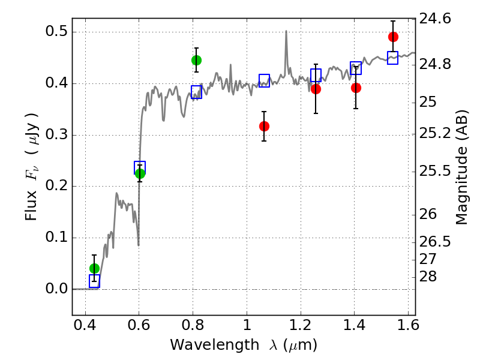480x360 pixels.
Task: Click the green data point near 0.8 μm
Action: coord(196,60)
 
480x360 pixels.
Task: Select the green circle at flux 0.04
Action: coord(94,268)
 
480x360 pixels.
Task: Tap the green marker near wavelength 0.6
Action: coord(140,173)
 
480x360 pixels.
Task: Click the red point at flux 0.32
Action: coord(264,126)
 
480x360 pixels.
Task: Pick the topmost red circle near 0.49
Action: coord(393,37)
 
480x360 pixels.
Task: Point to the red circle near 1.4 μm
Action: coord(356,88)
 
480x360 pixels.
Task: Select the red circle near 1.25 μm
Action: coord(316,89)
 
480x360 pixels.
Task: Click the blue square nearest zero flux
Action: coord(94,281)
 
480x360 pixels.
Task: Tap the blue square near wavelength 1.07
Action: coord(264,80)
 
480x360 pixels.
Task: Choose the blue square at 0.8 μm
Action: coord(196,92)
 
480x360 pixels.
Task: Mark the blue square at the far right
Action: coord(393,58)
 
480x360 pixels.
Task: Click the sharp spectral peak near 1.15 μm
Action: coord(286,31)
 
